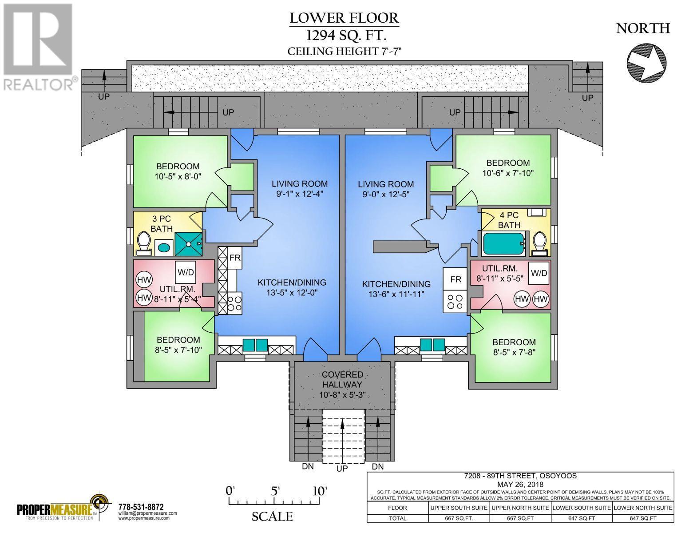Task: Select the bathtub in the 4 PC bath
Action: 503,243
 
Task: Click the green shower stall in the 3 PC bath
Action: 188,243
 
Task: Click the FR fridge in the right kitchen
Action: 455,279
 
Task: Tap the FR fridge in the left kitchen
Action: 235,258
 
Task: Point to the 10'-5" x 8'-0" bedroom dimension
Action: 178,176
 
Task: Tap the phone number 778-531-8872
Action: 141,507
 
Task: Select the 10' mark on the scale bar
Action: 319,491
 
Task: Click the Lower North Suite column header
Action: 643,508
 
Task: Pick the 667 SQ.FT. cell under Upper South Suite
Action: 459,518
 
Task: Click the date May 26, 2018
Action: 520,485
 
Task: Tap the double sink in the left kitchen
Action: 255,345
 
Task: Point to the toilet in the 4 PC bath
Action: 539,243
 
